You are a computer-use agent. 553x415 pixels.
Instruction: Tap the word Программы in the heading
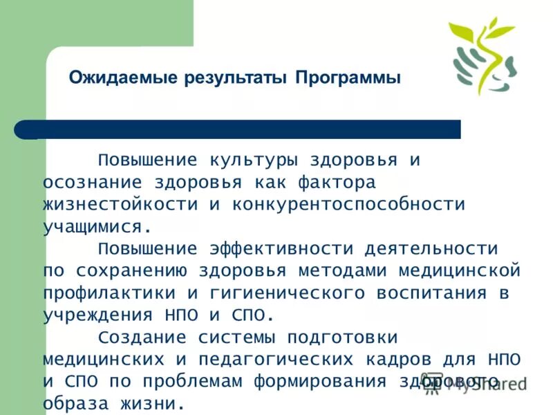(x=348, y=77)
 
